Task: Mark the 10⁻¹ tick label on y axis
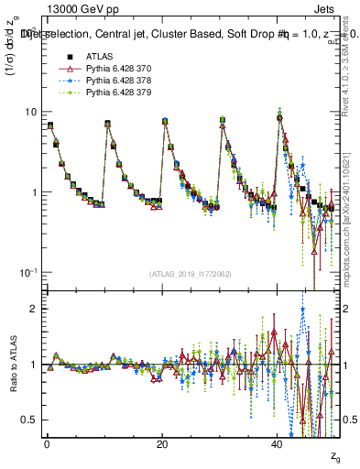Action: tap(28, 273)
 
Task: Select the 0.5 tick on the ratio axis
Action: tap(28, 420)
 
